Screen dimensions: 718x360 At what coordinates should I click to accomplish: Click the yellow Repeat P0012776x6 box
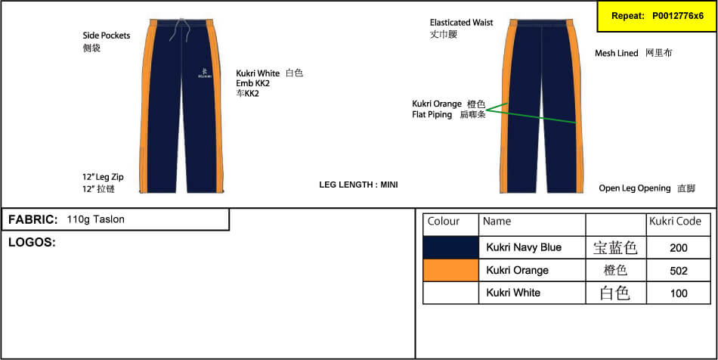(x=657, y=16)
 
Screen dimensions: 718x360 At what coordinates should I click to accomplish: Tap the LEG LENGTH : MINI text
(x=358, y=185)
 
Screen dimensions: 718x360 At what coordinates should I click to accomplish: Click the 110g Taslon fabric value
(x=96, y=219)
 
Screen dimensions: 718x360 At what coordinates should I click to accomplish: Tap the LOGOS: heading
(x=32, y=243)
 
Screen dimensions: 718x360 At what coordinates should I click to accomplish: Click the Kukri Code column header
(x=675, y=222)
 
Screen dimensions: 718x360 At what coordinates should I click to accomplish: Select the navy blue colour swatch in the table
(x=450, y=248)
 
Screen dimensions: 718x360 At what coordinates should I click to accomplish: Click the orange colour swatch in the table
(x=450, y=270)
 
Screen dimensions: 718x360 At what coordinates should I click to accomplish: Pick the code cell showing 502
(x=678, y=271)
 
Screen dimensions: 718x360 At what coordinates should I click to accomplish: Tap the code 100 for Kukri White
(x=678, y=293)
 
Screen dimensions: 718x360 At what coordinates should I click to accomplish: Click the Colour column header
(x=443, y=222)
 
